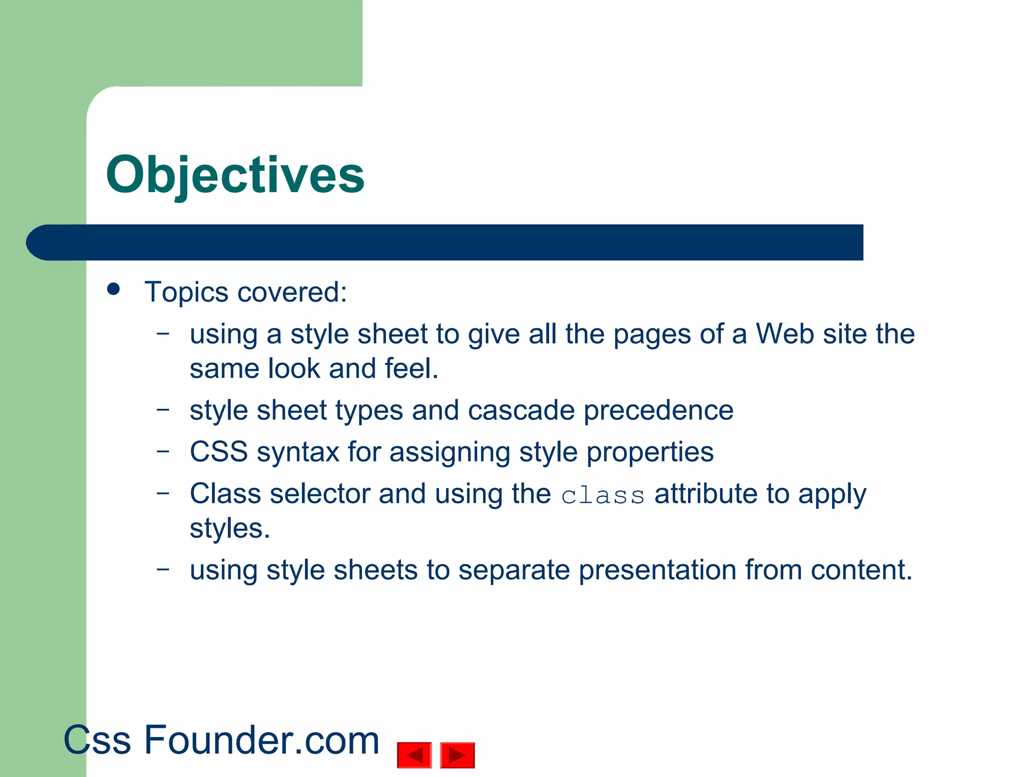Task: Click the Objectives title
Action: coord(235,175)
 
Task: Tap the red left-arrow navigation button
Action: coord(414,755)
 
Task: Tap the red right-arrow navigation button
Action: coord(457,755)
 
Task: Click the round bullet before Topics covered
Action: coord(114,289)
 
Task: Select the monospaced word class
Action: coord(602,496)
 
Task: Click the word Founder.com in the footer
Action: coord(262,740)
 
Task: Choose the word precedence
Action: coord(658,411)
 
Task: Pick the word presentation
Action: coord(657,571)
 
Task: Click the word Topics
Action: coord(186,293)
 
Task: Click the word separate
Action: coord(514,571)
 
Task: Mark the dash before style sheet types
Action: coord(163,409)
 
